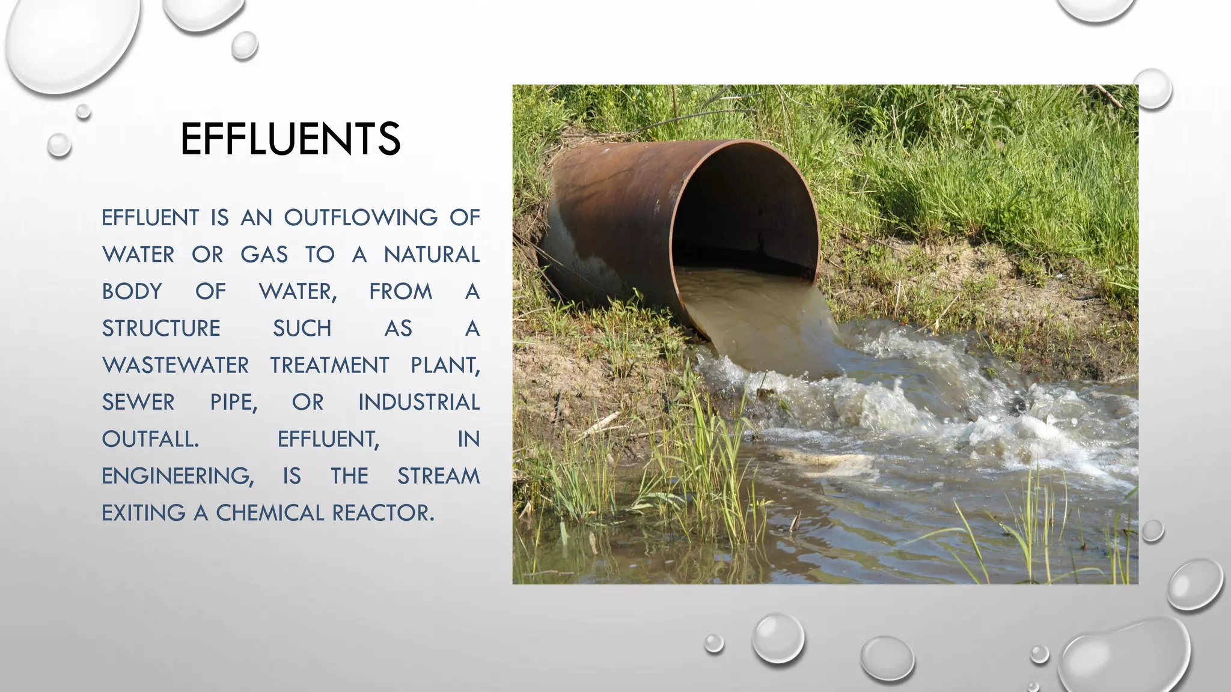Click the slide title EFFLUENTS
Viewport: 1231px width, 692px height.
pyautogui.click(x=290, y=139)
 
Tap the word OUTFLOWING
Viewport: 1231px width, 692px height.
pyautogui.click(x=361, y=217)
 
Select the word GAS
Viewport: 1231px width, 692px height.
pyautogui.click(x=264, y=255)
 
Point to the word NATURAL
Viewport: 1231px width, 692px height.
pyautogui.click(x=432, y=255)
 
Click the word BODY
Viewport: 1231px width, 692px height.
pyautogui.click(x=132, y=291)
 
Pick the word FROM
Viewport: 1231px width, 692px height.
pyautogui.click(x=400, y=291)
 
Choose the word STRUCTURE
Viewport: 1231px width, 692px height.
pyautogui.click(x=161, y=329)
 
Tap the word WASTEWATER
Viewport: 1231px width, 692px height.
pyautogui.click(x=176, y=365)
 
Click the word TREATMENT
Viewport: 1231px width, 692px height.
pyautogui.click(x=329, y=365)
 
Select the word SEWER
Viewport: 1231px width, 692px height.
pyautogui.click(x=138, y=402)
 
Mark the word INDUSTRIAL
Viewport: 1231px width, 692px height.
pyautogui.click(x=419, y=402)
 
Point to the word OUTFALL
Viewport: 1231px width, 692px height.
pyautogui.click(x=150, y=439)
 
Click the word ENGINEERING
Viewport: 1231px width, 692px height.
pyautogui.click(x=177, y=476)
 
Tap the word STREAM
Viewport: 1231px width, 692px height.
pyautogui.click(x=438, y=476)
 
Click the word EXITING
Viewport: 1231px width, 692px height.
pyautogui.click(x=144, y=513)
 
